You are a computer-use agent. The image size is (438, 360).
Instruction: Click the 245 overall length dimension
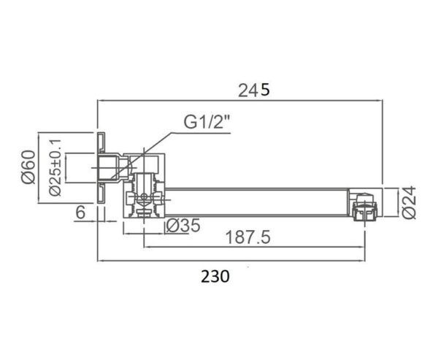(x=254, y=91)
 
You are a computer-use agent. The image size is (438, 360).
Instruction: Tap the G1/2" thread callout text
(x=207, y=122)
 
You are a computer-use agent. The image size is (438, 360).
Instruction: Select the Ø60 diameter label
(x=28, y=167)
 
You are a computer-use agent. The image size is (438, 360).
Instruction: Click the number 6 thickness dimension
(x=80, y=212)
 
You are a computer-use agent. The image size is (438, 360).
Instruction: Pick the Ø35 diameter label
(x=182, y=226)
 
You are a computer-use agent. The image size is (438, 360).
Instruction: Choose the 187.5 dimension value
(x=247, y=237)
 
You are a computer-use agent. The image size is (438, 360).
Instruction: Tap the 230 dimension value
(x=215, y=276)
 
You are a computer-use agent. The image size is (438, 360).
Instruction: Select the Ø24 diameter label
(x=410, y=202)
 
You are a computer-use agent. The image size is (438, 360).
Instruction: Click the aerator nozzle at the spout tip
(x=365, y=208)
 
